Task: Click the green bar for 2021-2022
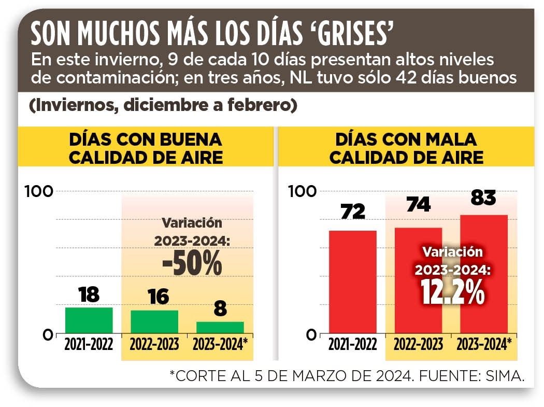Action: (x=89, y=320)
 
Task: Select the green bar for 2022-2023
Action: (x=154, y=322)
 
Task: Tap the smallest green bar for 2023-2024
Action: (x=220, y=328)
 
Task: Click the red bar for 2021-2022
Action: (x=352, y=282)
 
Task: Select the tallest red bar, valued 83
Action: (x=484, y=274)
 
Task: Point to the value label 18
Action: (x=89, y=294)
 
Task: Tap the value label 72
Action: (x=352, y=211)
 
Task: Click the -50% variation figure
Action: (x=192, y=263)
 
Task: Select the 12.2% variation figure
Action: (x=452, y=292)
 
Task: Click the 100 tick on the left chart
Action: (x=39, y=191)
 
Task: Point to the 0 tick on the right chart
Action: (x=310, y=335)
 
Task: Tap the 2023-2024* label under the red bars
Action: (x=484, y=345)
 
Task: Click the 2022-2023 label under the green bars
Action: (x=154, y=345)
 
